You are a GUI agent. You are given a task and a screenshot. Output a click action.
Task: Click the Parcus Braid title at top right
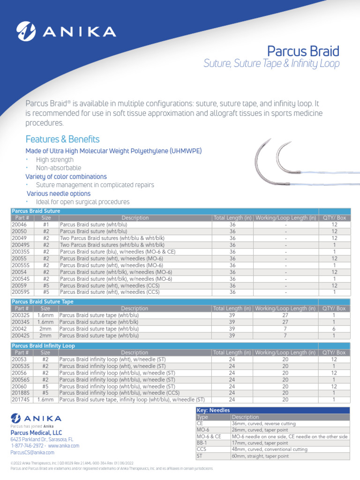(303, 51)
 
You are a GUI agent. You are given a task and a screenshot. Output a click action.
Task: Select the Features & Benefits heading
(62, 139)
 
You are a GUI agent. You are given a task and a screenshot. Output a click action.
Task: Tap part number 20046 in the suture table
(19, 225)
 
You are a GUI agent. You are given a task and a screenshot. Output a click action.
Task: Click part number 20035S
(21, 251)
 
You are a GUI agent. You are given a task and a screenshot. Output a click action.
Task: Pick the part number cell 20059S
(21, 292)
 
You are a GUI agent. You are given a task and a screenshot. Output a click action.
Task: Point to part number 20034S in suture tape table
(21, 322)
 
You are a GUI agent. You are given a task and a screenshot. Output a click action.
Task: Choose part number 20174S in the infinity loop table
(21, 400)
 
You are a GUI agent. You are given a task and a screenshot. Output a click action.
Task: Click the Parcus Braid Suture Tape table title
(42, 302)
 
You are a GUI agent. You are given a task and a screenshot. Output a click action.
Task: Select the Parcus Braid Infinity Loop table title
(43, 346)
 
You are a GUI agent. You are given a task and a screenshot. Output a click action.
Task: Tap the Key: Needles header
(213, 410)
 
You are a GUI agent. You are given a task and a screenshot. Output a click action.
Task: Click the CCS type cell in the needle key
(202, 450)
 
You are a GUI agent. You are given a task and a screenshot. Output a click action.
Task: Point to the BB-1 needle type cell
(202, 443)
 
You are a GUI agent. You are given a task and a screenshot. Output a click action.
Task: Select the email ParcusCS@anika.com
(32, 452)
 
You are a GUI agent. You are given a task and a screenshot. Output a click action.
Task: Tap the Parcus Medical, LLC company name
(36, 433)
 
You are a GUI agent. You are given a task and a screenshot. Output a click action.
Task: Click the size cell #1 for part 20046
(46, 225)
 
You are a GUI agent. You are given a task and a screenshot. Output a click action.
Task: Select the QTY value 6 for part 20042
(334, 329)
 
